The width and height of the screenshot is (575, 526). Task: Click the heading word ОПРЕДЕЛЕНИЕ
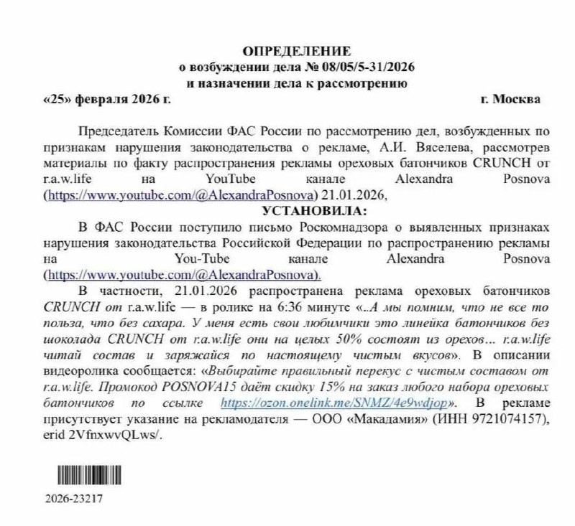pos(297,50)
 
